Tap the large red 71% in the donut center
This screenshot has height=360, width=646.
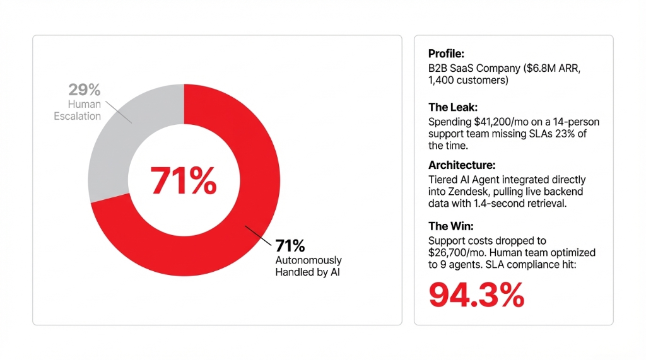[x=184, y=180]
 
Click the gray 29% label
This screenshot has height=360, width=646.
[x=84, y=90]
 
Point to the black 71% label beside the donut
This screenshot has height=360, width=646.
[x=290, y=246]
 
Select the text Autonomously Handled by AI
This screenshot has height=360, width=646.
[x=308, y=266]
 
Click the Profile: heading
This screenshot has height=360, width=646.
[x=446, y=54]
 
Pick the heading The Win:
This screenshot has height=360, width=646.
[x=450, y=226]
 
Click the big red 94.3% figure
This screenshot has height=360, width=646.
[x=476, y=294]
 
